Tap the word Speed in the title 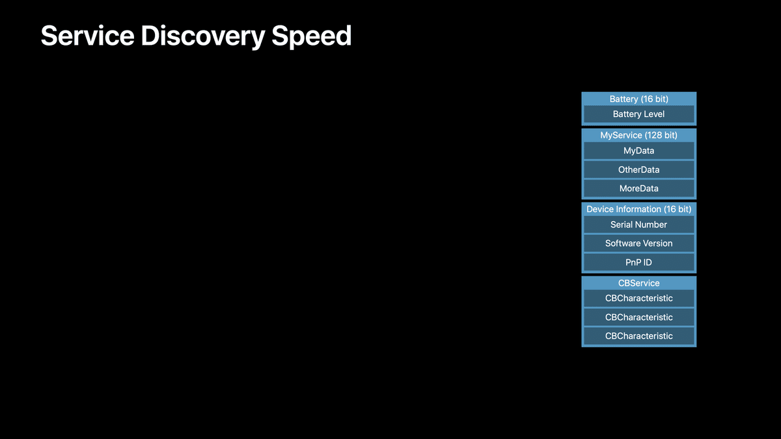(x=312, y=36)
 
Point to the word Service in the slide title (x=87, y=36)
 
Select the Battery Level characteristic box (x=638, y=114)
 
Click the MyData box (x=638, y=151)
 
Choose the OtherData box (x=638, y=170)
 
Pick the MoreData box (x=638, y=189)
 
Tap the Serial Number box (x=638, y=225)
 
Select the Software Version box (x=638, y=243)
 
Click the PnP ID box (x=638, y=262)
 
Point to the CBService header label (x=638, y=283)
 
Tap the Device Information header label (x=623, y=209)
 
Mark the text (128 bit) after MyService (x=661, y=135)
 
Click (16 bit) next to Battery (x=655, y=99)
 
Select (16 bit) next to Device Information (x=678, y=209)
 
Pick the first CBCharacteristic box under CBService (x=638, y=299)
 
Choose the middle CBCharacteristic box (x=638, y=317)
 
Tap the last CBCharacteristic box (x=638, y=336)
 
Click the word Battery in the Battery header (x=623, y=99)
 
